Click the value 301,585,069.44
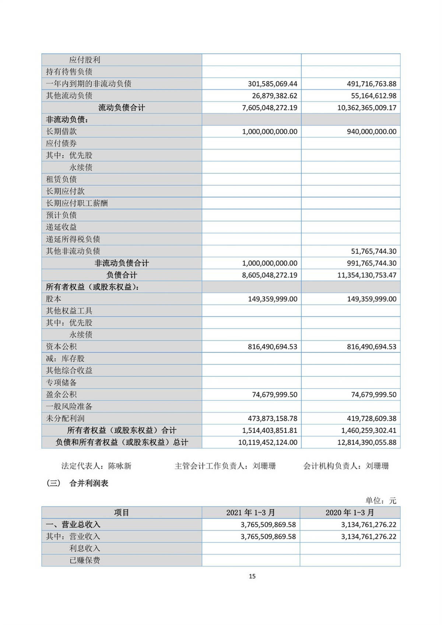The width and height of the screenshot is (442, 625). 272,84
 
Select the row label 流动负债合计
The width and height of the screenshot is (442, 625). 122,108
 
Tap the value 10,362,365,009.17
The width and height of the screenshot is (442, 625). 366,108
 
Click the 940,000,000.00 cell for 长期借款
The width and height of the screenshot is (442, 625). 371,132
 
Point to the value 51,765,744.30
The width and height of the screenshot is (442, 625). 373,252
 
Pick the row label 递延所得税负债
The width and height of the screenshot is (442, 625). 73,239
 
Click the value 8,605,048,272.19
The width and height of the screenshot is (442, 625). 269,275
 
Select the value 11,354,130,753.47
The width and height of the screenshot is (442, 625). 366,275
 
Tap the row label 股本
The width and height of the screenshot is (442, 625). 53,299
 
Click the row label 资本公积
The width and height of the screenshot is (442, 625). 61,347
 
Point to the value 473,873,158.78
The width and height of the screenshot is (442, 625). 272,419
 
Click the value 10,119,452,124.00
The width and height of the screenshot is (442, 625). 267,442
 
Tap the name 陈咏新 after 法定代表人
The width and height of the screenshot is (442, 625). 120,466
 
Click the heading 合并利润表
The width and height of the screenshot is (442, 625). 89,484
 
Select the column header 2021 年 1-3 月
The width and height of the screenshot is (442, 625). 250,513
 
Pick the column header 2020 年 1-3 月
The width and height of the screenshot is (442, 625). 350,513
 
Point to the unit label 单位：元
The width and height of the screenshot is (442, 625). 380,501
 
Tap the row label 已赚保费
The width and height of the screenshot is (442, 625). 85,561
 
